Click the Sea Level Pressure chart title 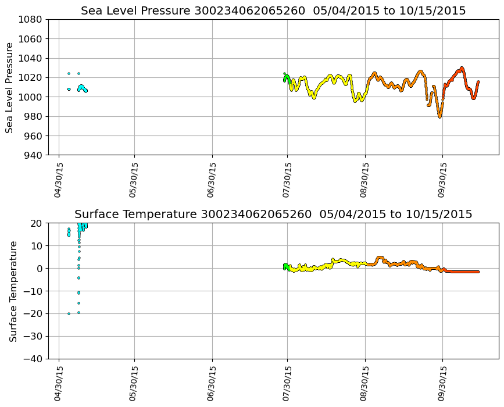(x=273, y=10)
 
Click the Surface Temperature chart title (x=273, y=215)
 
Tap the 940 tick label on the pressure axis (x=33, y=155)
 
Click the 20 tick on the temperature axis (x=36, y=223)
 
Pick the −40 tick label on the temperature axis (x=33, y=359)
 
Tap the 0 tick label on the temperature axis (x=39, y=269)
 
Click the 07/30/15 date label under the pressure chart (x=288, y=180)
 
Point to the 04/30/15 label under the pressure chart (x=58, y=180)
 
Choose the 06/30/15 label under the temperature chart (x=212, y=384)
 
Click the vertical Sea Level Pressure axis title (x=10, y=87)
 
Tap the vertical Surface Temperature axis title (x=13, y=291)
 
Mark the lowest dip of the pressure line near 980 (x=439, y=116)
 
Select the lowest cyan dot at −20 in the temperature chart (x=69, y=313)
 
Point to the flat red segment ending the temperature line (x=465, y=272)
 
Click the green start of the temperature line (x=285, y=266)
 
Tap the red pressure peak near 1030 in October (x=462, y=69)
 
